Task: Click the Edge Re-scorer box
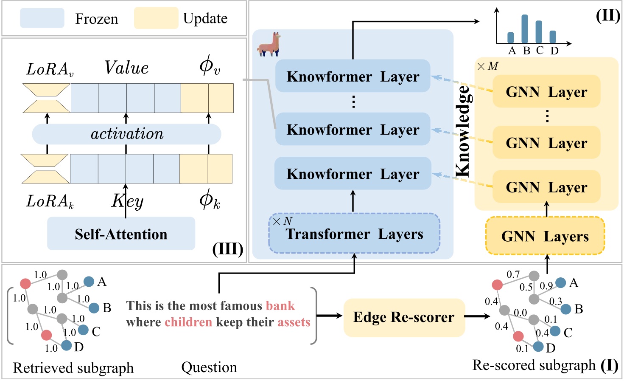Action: click(x=404, y=317)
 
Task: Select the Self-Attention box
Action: click(x=121, y=234)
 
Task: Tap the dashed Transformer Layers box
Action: click(x=354, y=234)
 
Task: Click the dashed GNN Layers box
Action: click(x=545, y=236)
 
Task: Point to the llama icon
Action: click(x=269, y=45)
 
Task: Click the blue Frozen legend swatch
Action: click(x=42, y=18)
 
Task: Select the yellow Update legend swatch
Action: click(x=156, y=18)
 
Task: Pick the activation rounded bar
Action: click(x=126, y=134)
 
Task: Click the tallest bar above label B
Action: click(x=525, y=29)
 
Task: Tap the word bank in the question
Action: click(x=280, y=306)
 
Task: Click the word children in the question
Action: click(x=188, y=322)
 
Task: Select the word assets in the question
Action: click(x=294, y=322)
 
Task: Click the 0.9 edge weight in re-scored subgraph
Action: click(x=546, y=286)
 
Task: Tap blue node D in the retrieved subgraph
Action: click(x=67, y=345)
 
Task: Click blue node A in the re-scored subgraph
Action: click(x=560, y=282)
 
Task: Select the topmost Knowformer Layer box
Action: click(x=353, y=76)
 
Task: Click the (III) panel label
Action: click(x=228, y=249)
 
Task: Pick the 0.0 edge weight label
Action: click(x=520, y=313)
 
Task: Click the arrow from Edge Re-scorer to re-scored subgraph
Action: click(x=477, y=316)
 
